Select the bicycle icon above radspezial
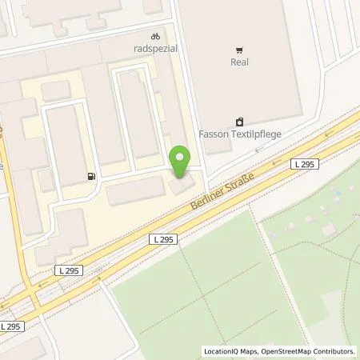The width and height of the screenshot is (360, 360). [155, 36]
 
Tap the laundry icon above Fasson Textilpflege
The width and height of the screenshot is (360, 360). [239, 122]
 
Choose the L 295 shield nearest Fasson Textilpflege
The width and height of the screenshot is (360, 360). [304, 163]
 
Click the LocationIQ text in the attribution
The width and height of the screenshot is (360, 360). [221, 351]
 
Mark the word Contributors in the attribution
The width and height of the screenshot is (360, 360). [333, 351]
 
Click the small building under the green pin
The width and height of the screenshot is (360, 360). [179, 185]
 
